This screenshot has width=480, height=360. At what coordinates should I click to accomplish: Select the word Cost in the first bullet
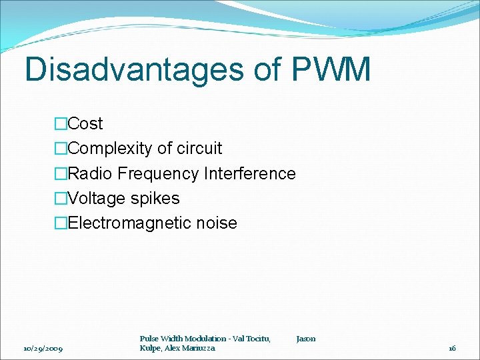pyautogui.click(x=85, y=124)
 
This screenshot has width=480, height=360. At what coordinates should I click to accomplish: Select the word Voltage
pyautogui.click(x=97, y=199)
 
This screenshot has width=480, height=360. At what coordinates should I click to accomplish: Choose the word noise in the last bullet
pyautogui.click(x=216, y=223)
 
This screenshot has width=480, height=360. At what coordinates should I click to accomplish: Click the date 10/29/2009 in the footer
pyautogui.click(x=43, y=349)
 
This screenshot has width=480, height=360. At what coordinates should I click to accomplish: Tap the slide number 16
pyautogui.click(x=452, y=349)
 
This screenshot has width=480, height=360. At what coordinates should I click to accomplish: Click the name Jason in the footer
pyautogui.click(x=305, y=339)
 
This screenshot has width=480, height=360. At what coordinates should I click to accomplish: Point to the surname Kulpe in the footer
pyautogui.click(x=150, y=349)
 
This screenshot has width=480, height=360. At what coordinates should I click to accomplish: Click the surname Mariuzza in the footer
pyautogui.click(x=199, y=349)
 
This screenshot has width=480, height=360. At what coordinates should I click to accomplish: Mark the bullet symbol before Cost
pyautogui.click(x=61, y=124)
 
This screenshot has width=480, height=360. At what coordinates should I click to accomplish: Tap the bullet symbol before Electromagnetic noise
pyautogui.click(x=61, y=223)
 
